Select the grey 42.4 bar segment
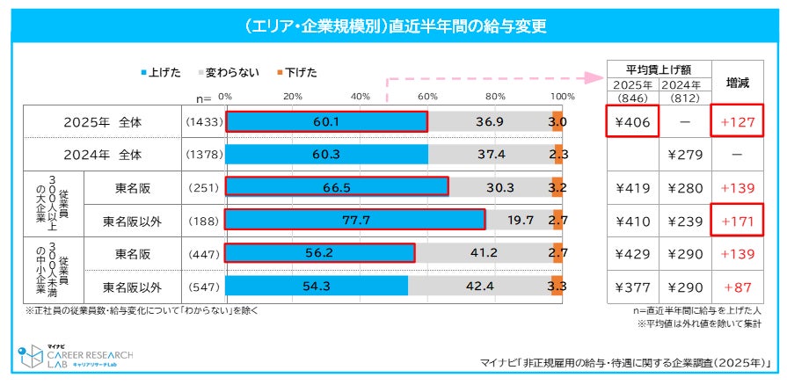coord(479,287)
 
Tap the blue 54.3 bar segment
coord(317,287)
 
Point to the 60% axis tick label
coord(428,96)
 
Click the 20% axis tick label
coord(293,96)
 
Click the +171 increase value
coord(737,220)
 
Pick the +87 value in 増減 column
coord(737,287)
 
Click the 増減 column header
coord(737,84)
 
